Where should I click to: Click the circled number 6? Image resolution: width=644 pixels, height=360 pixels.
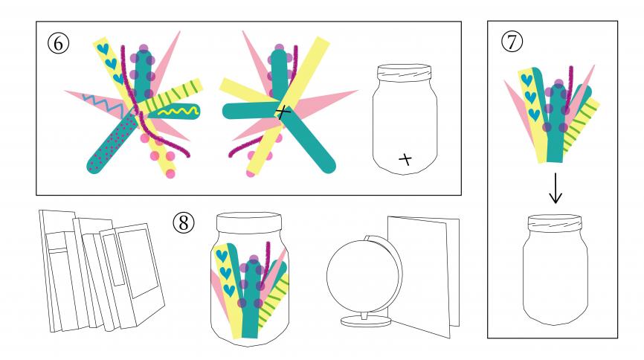pos(58,42)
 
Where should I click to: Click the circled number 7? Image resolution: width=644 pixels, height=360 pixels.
pos(512,42)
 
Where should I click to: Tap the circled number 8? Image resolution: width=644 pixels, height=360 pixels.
pos(184,222)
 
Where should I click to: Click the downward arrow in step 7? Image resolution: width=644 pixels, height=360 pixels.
pos(556,187)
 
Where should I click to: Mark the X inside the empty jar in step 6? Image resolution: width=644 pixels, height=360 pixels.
pos(405,159)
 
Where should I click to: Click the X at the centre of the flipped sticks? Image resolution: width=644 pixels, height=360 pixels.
pos(283,112)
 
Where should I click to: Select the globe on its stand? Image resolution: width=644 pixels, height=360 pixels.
pos(364,280)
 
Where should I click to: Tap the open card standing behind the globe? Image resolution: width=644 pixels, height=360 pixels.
pos(424,276)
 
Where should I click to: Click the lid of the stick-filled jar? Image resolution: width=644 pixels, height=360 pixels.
pos(249,223)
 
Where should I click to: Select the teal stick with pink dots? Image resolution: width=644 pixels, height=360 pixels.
pos(111,144)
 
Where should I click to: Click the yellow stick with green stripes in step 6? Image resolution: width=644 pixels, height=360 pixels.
pos(172,97)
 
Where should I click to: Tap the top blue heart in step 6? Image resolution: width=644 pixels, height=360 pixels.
pos(103,49)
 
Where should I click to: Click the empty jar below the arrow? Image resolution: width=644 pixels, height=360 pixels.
pos(555,269)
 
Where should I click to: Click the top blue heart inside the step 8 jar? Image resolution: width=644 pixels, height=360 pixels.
pos(222,256)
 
